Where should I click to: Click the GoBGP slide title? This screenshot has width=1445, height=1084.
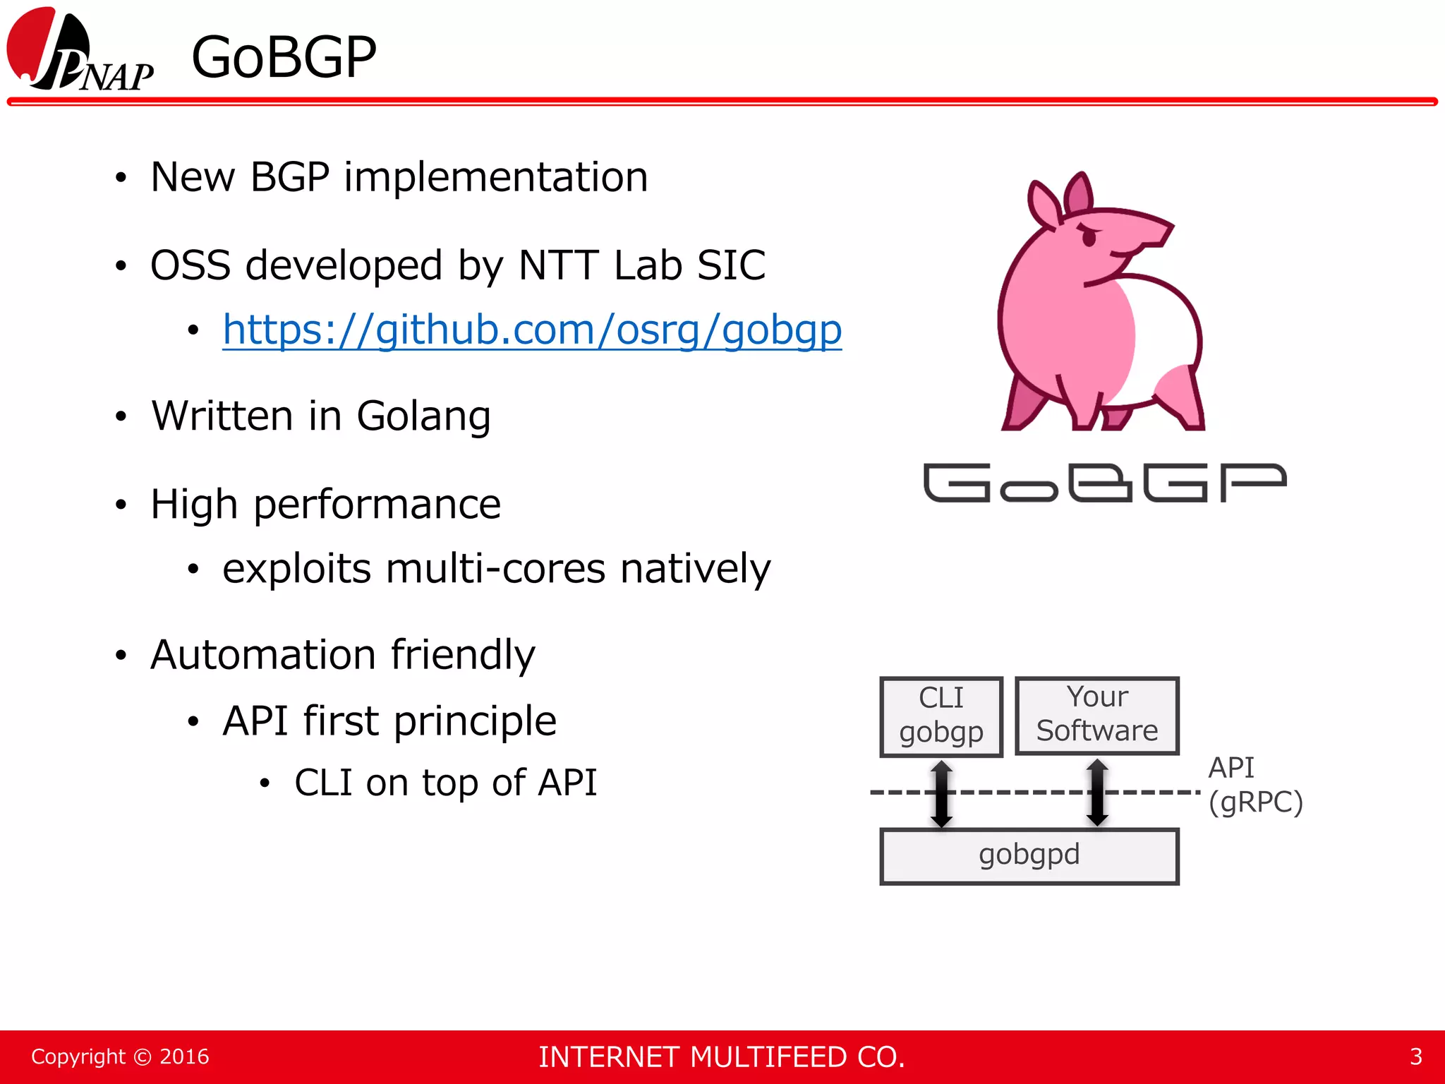click(x=284, y=57)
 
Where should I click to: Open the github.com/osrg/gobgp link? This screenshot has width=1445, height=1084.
click(x=532, y=330)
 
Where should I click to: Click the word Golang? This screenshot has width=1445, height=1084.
click(x=423, y=416)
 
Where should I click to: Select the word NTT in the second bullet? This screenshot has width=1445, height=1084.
click(x=558, y=265)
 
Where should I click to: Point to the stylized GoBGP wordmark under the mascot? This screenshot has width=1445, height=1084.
click(x=1105, y=483)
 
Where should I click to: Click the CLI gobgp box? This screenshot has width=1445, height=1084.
click(x=941, y=716)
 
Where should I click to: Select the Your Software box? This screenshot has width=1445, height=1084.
click(x=1096, y=715)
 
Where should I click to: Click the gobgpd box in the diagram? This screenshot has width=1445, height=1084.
click(x=1029, y=855)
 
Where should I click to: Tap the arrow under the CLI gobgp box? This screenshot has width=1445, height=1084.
click(x=941, y=793)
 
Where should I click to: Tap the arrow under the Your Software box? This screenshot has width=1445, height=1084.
click(x=1097, y=793)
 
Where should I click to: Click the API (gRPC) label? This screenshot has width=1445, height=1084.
click(x=1254, y=785)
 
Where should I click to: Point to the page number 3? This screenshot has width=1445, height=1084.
click(x=1415, y=1056)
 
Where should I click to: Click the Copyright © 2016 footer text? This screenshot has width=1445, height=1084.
click(x=120, y=1056)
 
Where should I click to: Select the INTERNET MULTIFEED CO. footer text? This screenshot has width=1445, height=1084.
click(x=721, y=1056)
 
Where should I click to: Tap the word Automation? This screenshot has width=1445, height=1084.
click(x=264, y=655)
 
